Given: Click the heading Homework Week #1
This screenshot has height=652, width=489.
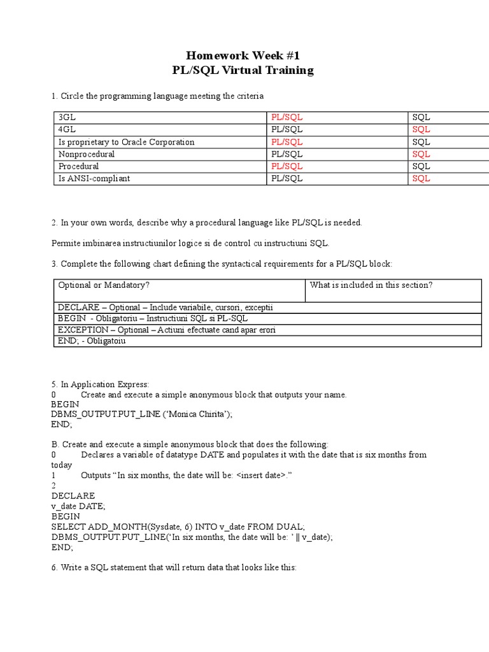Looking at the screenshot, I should (x=244, y=56).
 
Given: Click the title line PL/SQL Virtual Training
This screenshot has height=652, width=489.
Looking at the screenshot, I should (x=244, y=70).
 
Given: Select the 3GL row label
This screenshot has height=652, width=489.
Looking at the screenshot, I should (x=67, y=118).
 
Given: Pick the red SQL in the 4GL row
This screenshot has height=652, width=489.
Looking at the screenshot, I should (x=421, y=130).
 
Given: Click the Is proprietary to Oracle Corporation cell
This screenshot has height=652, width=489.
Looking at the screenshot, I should (x=126, y=142).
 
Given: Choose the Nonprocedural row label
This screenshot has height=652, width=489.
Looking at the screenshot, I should (x=87, y=154).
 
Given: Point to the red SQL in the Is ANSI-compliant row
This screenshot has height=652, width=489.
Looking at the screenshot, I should (x=421, y=178).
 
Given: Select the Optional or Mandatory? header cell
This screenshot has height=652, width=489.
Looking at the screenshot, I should (x=104, y=285).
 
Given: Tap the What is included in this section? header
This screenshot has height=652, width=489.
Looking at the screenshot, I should (x=371, y=285).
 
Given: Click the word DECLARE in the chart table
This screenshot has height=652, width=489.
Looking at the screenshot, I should (x=78, y=308).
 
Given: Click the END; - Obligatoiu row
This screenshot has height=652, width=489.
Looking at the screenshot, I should (x=92, y=341).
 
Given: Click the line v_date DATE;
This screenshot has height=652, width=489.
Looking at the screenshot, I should (x=78, y=506).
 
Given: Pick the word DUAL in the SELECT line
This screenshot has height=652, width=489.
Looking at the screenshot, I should (x=292, y=527).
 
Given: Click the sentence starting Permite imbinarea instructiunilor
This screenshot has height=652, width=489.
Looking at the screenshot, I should (x=190, y=243).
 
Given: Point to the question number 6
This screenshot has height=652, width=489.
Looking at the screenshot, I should (x=54, y=567).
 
